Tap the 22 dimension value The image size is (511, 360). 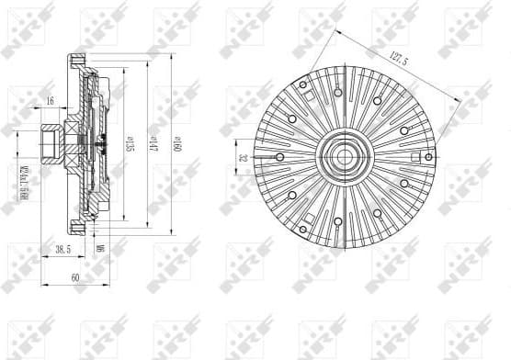click(x=244, y=158)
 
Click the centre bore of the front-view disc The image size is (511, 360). click(x=344, y=157)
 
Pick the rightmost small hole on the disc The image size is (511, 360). click(x=428, y=157)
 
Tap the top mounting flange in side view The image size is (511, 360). click(x=78, y=65)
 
